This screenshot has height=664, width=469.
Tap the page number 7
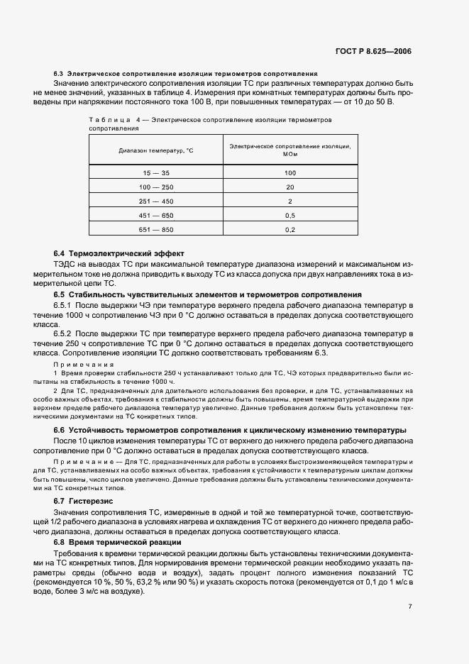click(409, 607)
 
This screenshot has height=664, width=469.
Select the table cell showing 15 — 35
click(155, 172)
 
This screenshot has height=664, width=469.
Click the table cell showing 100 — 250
click(155, 187)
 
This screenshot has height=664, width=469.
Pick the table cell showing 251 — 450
click(155, 201)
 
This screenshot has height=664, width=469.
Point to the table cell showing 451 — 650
click(155, 215)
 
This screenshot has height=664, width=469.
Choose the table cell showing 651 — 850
click(155, 229)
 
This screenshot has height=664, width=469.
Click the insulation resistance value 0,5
click(289, 215)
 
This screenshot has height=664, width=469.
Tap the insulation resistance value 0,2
click(289, 229)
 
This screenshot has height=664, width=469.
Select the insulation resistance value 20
click(289, 187)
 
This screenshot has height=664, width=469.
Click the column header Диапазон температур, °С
click(155, 150)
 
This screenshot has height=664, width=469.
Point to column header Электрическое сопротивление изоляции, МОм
click(289, 150)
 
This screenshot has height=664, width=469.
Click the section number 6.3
click(59, 74)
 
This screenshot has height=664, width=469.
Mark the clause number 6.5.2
click(64, 333)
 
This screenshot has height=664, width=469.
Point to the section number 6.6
click(60, 430)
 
